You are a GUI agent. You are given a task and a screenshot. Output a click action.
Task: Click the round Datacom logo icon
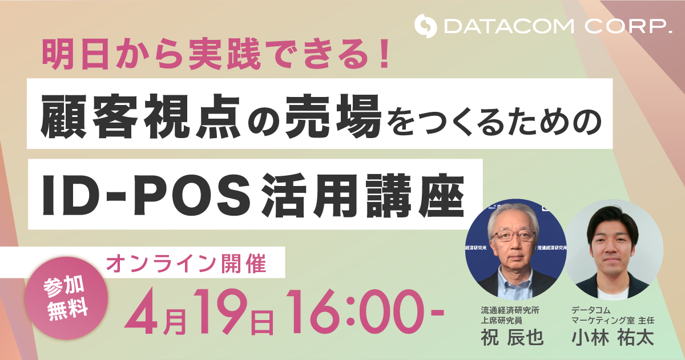425,26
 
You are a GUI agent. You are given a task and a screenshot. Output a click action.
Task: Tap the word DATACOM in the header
509,27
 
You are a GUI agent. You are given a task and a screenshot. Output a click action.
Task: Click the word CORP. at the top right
628,27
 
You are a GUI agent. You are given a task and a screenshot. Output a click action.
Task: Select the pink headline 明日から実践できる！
216,54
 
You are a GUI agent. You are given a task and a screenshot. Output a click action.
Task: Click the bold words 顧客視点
140,116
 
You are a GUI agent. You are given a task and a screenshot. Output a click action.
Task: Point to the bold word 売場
333,116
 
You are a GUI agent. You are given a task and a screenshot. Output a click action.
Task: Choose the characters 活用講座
362,195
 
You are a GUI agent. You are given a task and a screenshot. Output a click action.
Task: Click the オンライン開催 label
186,264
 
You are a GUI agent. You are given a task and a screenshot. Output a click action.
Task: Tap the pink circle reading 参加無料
66,298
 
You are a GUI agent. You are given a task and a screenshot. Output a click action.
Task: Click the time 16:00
359,312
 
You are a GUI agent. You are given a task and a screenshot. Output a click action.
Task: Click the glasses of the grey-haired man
513,236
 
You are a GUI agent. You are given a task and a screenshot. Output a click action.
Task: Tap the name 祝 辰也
512,337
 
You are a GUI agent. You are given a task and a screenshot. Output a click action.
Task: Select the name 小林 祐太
613,337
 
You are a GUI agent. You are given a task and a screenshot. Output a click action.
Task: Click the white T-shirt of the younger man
613,293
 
